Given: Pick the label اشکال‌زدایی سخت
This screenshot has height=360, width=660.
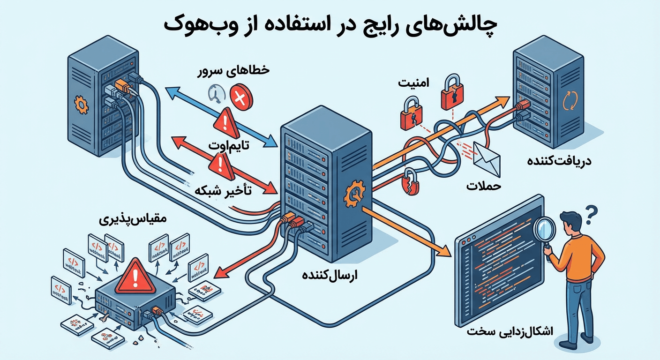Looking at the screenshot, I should tap(510, 331).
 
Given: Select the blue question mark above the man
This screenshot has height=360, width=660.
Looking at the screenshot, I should tap(592, 213).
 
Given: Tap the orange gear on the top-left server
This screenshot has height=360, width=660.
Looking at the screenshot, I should tap(82, 105).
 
